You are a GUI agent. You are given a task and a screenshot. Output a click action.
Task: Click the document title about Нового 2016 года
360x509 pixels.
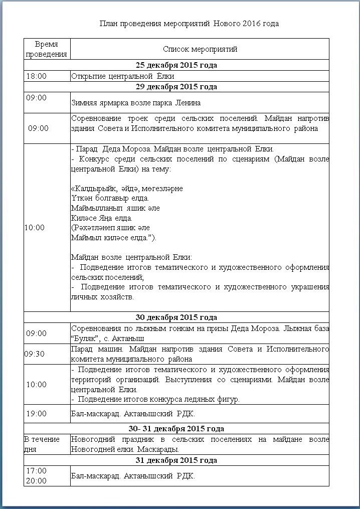tap(189, 24)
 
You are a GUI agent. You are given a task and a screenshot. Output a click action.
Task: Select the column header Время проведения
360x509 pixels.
tap(47, 49)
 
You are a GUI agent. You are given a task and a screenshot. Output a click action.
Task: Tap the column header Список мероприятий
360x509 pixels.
tap(200, 49)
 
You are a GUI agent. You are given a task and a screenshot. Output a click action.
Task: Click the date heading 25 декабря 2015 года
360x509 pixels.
tap(176, 65)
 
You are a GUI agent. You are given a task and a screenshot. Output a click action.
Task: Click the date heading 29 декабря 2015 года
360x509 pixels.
tap(176, 87)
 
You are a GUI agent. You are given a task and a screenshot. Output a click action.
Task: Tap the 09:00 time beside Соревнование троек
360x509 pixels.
tap(38, 128)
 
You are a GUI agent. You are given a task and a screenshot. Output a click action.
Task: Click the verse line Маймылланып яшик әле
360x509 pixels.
tap(116, 208)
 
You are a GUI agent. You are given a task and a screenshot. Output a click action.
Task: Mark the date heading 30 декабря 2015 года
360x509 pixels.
tap(176, 317)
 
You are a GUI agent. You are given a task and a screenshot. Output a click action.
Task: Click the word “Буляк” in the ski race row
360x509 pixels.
tap(82, 338)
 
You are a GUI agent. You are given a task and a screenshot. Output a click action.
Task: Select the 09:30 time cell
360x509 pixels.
tap(35, 354)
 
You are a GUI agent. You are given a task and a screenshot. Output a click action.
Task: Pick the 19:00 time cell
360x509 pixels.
tap(36, 414)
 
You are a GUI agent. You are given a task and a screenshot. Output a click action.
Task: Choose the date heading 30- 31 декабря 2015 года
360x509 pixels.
tap(176, 429)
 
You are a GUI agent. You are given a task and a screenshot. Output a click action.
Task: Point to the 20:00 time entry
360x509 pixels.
tap(36, 481)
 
